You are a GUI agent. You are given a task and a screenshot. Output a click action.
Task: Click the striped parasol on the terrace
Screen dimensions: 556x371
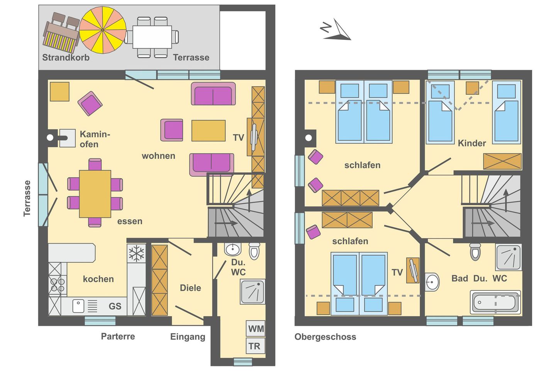click(x=103, y=30)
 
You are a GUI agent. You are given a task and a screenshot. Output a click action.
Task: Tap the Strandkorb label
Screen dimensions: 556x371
click(x=66, y=58)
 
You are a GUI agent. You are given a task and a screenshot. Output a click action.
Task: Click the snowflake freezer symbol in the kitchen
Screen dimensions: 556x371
click(x=136, y=254)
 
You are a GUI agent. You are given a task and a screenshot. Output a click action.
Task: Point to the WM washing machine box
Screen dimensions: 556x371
click(x=256, y=328)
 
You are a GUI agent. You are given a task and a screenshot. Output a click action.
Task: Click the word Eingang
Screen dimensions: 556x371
click(x=188, y=337)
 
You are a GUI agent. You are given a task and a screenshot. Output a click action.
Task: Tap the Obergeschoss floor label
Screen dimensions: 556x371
click(x=325, y=337)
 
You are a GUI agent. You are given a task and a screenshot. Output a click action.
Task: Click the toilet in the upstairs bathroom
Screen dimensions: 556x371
click(x=475, y=252)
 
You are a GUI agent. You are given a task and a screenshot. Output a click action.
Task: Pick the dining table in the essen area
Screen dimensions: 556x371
click(x=95, y=194)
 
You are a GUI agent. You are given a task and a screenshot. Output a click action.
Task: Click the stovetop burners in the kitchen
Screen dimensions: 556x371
click(x=58, y=285)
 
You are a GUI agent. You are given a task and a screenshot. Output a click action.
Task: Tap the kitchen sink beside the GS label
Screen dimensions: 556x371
click(x=78, y=306)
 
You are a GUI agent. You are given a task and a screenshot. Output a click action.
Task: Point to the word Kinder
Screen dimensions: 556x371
click(x=471, y=143)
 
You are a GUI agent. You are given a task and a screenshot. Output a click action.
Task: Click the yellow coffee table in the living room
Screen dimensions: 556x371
click(x=208, y=131)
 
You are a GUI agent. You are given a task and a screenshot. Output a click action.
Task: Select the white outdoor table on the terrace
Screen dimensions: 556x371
click(x=152, y=37)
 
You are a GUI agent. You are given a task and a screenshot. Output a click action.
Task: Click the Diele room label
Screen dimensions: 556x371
click(x=190, y=288)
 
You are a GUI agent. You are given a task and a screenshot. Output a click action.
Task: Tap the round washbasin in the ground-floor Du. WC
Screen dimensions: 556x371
click(x=232, y=249)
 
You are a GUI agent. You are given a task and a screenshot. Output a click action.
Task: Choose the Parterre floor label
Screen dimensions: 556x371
click(x=118, y=336)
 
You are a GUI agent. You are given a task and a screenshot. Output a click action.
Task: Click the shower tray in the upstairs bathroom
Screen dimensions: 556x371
click(x=509, y=257)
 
